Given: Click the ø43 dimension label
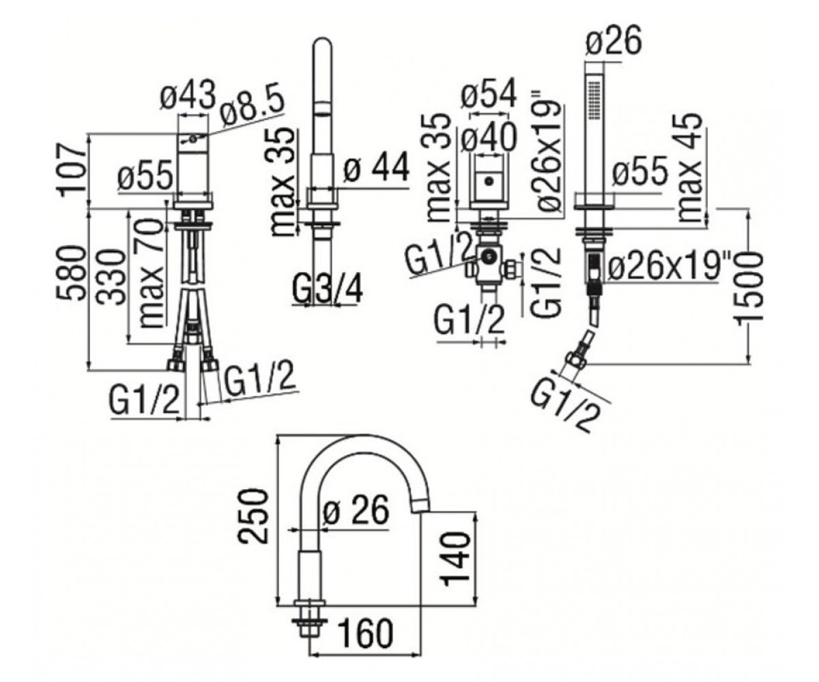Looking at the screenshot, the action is click(x=188, y=95).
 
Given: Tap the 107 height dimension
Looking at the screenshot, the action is click(x=72, y=170).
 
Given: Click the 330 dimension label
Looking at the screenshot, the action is click(x=111, y=277).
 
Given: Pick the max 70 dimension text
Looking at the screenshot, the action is click(x=152, y=273).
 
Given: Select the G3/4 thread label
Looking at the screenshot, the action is click(x=328, y=289).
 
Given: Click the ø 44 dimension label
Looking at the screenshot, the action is click(x=377, y=168).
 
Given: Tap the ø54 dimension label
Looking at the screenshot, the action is click(x=489, y=94).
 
